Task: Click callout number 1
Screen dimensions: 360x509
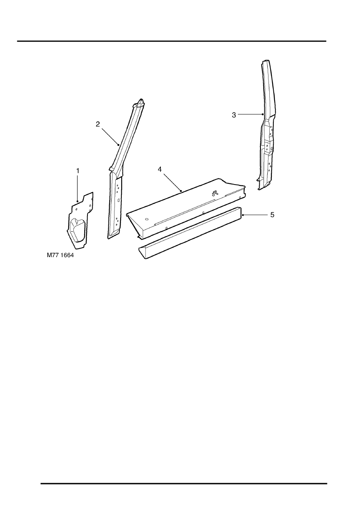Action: tap(78, 171)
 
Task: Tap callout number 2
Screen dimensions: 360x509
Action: tap(98, 124)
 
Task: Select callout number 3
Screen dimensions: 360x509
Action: tap(234, 115)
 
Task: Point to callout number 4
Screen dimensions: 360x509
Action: tap(160, 169)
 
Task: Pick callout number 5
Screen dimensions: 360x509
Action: tap(272, 215)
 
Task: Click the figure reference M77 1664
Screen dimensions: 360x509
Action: tap(60, 255)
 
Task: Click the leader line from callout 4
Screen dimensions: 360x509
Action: tap(172, 183)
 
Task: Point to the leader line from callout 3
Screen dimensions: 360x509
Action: tap(251, 114)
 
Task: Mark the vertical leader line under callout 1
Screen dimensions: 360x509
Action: tap(78, 188)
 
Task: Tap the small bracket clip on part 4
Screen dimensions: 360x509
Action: tap(214, 193)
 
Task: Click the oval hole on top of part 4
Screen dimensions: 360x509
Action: tap(147, 219)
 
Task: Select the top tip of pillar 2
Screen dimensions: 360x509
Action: tap(142, 100)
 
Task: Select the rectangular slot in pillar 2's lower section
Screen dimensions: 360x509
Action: tap(119, 200)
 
